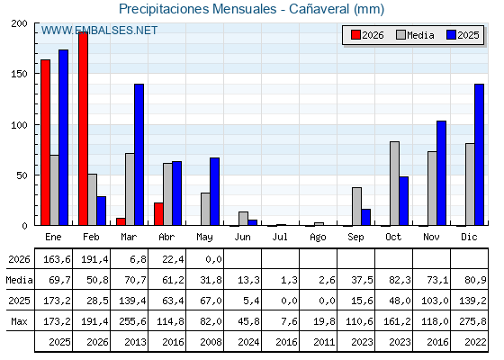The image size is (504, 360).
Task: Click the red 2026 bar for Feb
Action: [83, 129]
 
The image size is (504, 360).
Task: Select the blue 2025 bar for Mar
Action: [139, 155]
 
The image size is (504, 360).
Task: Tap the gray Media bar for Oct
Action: [395, 184]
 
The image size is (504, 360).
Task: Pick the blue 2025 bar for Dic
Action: [479, 155]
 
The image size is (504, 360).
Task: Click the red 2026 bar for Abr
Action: [158, 214]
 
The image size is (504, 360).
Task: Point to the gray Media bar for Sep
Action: [356, 206]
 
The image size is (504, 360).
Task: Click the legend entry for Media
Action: [415, 35]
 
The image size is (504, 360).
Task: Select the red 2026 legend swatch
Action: [355, 35]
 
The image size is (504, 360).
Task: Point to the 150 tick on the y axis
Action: [19, 74]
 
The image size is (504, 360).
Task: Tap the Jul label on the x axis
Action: [280, 237]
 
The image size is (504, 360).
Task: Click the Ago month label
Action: [318, 238]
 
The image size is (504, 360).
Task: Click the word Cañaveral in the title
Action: [319, 9]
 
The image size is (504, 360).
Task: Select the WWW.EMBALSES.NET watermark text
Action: [99, 31]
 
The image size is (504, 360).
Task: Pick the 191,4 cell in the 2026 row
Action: [94, 259]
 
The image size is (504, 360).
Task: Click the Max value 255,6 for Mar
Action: [132, 321]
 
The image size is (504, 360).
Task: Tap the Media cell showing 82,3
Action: [400, 280]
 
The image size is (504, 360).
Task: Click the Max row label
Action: [19, 321]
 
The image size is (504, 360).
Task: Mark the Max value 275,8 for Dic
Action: [472, 321]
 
